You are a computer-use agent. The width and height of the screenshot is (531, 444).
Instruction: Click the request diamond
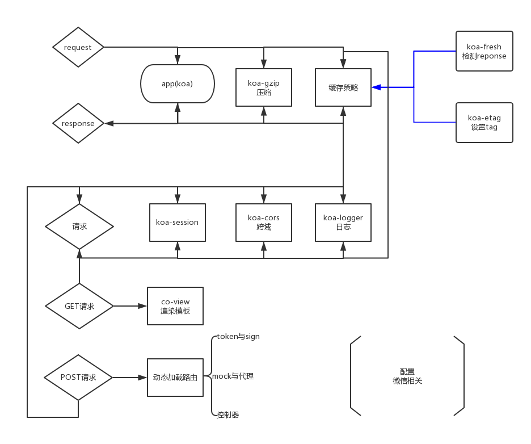point(78,47)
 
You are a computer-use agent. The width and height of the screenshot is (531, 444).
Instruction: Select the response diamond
point(78,123)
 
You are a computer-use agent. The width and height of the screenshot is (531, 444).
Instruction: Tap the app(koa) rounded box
point(178,84)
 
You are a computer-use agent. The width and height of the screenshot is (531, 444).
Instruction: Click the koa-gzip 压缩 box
point(264,87)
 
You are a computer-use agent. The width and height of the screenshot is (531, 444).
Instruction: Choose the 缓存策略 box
point(343,87)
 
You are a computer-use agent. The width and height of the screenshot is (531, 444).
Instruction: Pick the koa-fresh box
point(484,51)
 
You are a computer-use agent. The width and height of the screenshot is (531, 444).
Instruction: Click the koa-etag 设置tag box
point(484,122)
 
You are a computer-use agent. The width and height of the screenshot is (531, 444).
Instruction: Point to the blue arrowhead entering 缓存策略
point(376,87)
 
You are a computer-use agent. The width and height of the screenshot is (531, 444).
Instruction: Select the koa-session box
point(178,222)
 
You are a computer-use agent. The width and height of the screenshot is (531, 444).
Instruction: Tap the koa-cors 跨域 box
point(264,222)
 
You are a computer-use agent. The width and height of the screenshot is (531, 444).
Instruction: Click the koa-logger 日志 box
point(343,222)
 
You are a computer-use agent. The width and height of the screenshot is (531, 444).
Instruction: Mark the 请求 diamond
point(79,227)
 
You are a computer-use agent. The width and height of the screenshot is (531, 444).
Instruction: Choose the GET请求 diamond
point(79,306)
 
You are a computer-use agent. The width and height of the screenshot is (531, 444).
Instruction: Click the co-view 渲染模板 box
point(175,306)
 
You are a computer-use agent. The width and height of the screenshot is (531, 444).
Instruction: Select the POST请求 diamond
point(78,377)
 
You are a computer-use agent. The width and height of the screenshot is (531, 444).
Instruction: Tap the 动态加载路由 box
point(175,377)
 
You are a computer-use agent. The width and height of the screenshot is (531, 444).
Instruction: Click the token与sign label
point(238,337)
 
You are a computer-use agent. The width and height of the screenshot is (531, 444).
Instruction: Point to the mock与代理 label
point(233,376)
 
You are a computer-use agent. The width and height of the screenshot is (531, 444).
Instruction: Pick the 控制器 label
point(228,415)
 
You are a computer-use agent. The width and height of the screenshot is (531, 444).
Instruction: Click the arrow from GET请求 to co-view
point(130,306)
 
